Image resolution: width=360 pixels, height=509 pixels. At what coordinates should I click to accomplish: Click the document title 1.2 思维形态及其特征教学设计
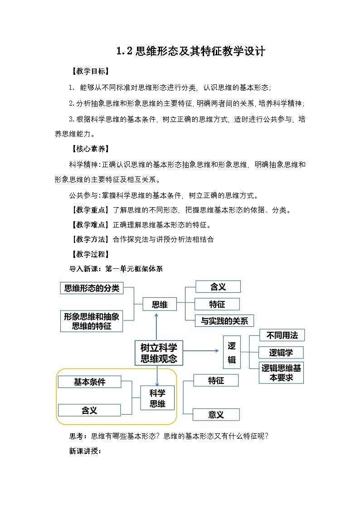pos(190,51)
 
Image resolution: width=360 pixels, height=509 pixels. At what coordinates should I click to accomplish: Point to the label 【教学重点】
pos(88,210)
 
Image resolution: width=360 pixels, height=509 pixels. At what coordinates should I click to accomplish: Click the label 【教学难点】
pos(88,224)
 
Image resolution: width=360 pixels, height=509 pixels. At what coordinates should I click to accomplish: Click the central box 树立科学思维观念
pos(159,353)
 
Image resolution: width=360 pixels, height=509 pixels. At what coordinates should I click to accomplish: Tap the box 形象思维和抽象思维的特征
pos(92,321)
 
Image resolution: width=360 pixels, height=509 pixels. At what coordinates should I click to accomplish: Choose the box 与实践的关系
pos(224,321)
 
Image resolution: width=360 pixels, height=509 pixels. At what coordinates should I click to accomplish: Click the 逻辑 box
pos(232,353)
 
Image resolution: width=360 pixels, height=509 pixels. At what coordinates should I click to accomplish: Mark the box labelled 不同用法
pos(282,335)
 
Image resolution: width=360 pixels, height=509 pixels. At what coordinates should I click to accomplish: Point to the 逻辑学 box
pos(281,353)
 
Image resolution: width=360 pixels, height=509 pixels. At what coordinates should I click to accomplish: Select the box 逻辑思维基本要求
pos(281,373)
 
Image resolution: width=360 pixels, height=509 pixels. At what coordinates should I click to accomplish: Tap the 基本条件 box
pos(89,382)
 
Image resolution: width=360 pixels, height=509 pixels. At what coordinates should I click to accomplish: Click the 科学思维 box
pos(157,398)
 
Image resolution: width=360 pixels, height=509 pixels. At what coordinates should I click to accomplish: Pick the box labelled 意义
pos(216,414)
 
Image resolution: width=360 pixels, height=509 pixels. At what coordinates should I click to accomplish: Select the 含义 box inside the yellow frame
pos(89,410)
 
